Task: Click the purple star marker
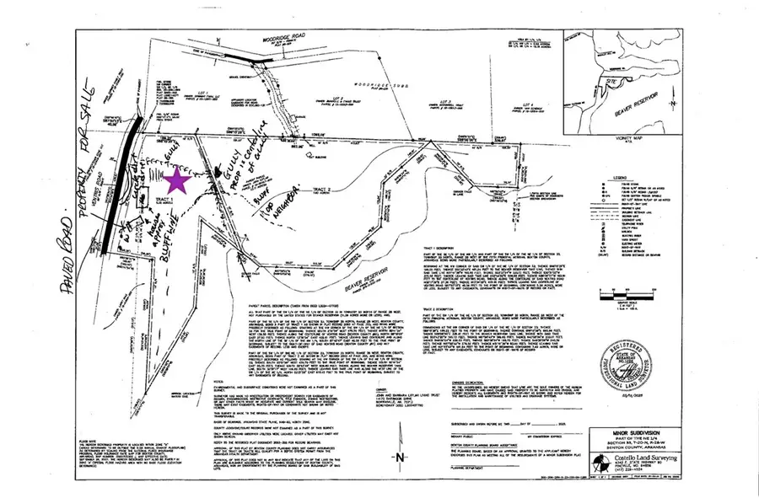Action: coord(178,181)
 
